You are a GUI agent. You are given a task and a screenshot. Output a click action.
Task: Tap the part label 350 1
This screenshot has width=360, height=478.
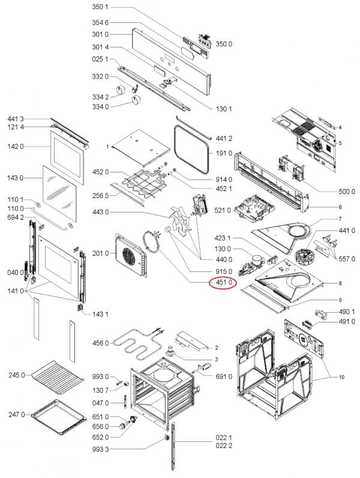100,7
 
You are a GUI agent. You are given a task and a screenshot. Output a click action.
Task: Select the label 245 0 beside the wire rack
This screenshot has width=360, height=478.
16,376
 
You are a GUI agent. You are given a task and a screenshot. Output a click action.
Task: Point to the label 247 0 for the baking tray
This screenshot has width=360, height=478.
16,414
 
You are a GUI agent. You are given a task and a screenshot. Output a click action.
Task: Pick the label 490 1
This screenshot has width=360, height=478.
346,311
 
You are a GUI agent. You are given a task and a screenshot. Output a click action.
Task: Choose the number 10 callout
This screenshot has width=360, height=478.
341,377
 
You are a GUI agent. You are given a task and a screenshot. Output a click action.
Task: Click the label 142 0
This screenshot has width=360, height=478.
16,147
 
